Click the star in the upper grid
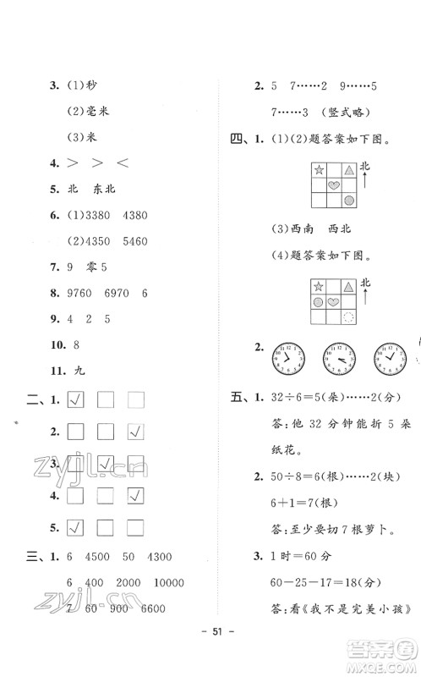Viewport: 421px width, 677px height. click(319, 170)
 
